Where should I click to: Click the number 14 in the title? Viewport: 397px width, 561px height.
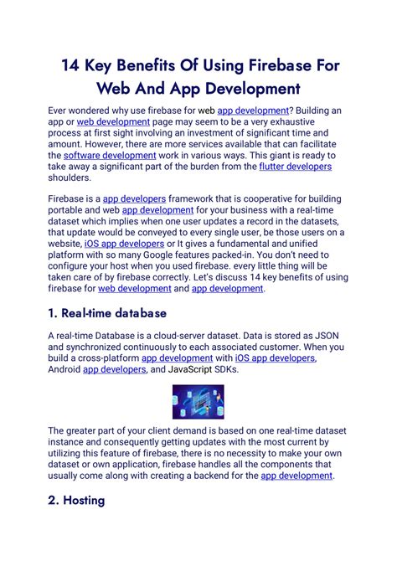pos(71,64)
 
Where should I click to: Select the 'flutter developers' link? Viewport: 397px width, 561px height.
pos(296,167)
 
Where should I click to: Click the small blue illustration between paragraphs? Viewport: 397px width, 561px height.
pos(198,401)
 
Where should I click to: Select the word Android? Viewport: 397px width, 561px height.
pos(64,369)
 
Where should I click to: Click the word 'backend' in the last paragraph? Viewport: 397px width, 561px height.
pos(198,475)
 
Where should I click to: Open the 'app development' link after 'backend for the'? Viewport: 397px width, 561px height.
pos(297,475)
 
